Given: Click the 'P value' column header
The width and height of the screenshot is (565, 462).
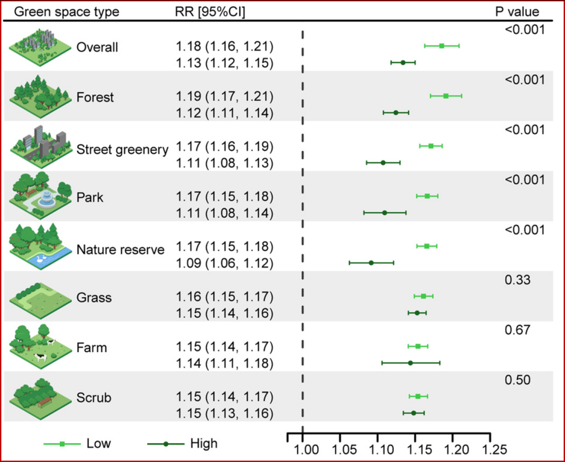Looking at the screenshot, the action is [x=517, y=12].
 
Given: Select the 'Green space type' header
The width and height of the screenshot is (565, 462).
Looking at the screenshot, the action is [x=66, y=12].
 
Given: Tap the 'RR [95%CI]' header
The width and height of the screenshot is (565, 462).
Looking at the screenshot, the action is [x=210, y=12].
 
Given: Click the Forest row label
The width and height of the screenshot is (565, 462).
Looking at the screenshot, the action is [x=95, y=97].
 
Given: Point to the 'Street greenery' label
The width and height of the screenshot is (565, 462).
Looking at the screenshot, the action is [x=123, y=150].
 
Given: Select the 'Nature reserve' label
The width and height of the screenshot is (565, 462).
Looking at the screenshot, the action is [x=120, y=250].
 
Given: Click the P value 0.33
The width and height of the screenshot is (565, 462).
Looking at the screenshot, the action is [x=517, y=280].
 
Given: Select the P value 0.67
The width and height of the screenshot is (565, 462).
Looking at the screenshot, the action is [x=517, y=330].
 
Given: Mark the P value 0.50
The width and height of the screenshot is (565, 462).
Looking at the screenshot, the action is [x=517, y=380].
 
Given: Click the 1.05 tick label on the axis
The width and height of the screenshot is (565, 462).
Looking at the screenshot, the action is [x=344, y=450].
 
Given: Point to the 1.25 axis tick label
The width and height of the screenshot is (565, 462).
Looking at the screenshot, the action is [x=494, y=450].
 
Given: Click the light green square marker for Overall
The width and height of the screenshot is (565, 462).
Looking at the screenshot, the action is [x=442, y=46].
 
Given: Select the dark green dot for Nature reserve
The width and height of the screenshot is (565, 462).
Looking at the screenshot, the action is [x=371, y=263].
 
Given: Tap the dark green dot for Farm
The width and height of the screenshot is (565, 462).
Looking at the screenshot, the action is [x=410, y=363].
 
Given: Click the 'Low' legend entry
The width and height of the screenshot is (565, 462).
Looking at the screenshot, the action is [x=77, y=444].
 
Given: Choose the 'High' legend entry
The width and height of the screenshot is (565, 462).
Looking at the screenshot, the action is [x=182, y=444].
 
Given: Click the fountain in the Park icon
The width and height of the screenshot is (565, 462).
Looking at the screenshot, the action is [x=47, y=200].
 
